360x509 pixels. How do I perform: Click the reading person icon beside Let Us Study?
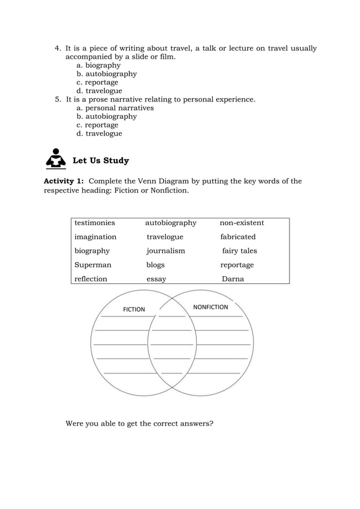pyautogui.click(x=55, y=159)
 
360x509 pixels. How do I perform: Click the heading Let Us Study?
pyautogui.click(x=101, y=161)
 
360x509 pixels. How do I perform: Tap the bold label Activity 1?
pyautogui.click(x=64, y=181)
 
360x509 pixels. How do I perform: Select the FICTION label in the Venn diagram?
pyautogui.click(x=134, y=309)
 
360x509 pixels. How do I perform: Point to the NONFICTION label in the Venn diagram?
pyautogui.click(x=210, y=307)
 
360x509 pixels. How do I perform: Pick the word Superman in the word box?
pyautogui.click(x=93, y=265)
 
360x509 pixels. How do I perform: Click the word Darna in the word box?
pyautogui.click(x=232, y=279)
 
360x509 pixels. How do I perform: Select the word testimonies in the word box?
pyautogui.click(x=95, y=223)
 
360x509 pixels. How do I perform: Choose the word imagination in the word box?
pyautogui.click(x=95, y=237)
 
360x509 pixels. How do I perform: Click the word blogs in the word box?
pyautogui.click(x=156, y=265)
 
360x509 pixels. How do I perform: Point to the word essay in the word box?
pyautogui.click(x=156, y=279)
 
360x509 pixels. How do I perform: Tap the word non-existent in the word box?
pyautogui.click(x=242, y=223)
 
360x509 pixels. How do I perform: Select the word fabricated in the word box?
pyautogui.click(x=238, y=237)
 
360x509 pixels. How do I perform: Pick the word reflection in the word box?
pyautogui.click(x=91, y=279)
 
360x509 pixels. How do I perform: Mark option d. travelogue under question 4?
pyautogui.click(x=99, y=91)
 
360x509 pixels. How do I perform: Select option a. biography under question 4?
pyautogui.click(x=98, y=65)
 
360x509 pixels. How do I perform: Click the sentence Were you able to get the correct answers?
pyautogui.click(x=139, y=423)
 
